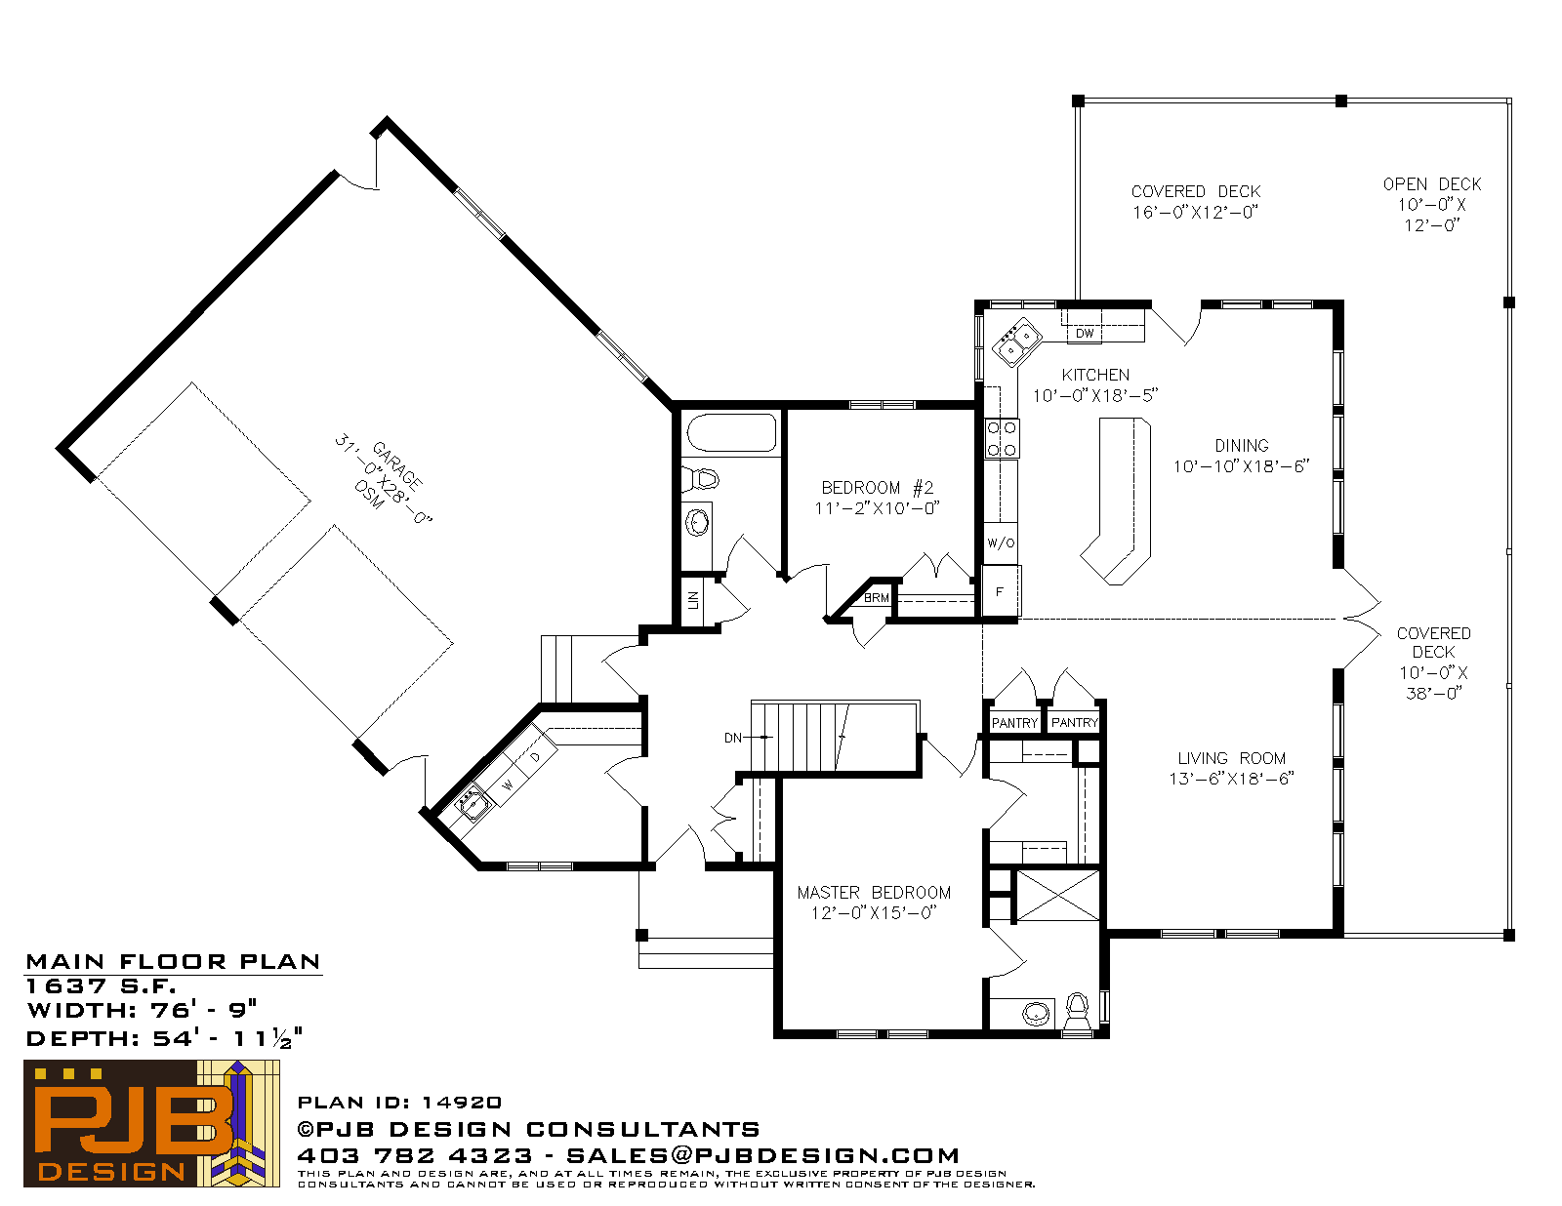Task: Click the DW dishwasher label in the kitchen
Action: click(x=1084, y=334)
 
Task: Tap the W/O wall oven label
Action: click(x=1001, y=543)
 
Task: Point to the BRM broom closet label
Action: click(x=877, y=597)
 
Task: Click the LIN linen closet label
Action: click(x=693, y=600)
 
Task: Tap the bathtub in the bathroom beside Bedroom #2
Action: click(x=732, y=431)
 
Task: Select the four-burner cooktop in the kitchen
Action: click(x=1002, y=439)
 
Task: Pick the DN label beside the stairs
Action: click(x=733, y=738)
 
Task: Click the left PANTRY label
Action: click(x=1014, y=723)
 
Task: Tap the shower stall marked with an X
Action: click(x=1058, y=895)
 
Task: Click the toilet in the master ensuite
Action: click(x=1076, y=1011)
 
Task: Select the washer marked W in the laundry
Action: click(x=508, y=785)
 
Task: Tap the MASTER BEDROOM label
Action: click(x=874, y=892)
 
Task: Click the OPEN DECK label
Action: click(x=1432, y=184)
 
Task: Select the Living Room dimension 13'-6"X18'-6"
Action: click(x=1231, y=779)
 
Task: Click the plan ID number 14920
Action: click(x=462, y=1103)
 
